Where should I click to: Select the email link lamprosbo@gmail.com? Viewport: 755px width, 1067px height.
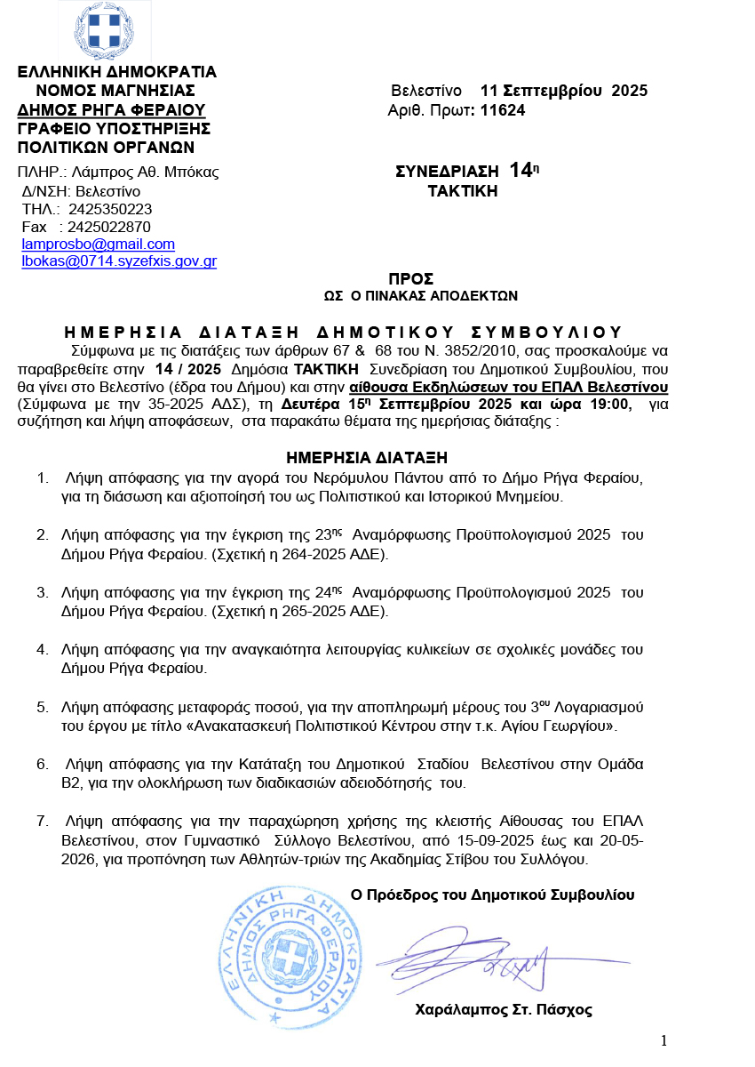99,244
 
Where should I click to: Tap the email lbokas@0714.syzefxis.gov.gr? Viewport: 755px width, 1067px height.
119,261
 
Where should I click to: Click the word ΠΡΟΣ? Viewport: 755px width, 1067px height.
405,277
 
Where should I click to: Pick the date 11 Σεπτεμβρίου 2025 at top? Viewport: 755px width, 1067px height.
564,91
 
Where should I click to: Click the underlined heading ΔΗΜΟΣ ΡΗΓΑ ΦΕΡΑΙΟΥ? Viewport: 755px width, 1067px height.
112,110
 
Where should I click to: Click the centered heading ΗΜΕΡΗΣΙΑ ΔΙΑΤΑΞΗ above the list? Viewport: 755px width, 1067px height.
366,458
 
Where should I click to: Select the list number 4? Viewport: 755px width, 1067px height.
42,649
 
